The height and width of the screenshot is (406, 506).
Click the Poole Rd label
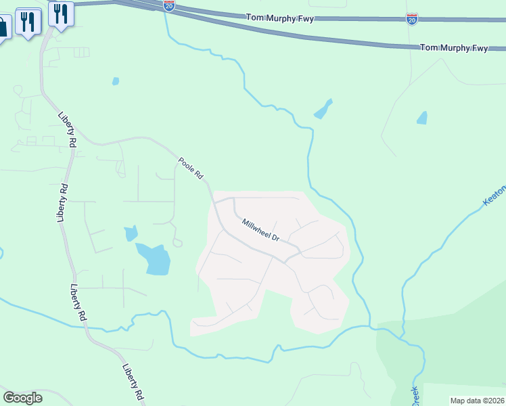pyautogui.click(x=191, y=168)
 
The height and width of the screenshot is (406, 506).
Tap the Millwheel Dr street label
pyautogui.click(x=260, y=228)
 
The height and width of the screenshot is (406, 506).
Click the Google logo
pyautogui.click(x=22, y=397)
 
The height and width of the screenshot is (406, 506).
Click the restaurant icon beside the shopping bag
pyautogui.click(x=28, y=22)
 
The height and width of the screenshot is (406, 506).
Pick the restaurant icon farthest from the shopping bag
pyautogui.click(x=61, y=14)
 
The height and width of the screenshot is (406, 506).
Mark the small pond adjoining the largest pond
pyautogui.click(x=131, y=233)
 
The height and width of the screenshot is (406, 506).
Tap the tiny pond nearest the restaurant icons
pyautogui.click(x=116, y=81)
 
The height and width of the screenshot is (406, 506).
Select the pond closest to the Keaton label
pyautogui.click(x=422, y=118)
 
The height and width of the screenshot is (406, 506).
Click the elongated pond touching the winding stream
pyautogui.click(x=323, y=109)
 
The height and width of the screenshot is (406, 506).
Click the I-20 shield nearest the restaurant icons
pyautogui.click(x=169, y=6)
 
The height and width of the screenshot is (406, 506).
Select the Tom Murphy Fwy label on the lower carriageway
pyautogui.click(x=454, y=47)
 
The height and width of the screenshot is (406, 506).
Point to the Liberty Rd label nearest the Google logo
pyautogui.click(x=133, y=382)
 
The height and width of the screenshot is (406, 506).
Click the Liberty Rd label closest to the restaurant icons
pyautogui.click(x=66, y=129)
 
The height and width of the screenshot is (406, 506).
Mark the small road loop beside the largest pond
pyautogui.click(x=178, y=242)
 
